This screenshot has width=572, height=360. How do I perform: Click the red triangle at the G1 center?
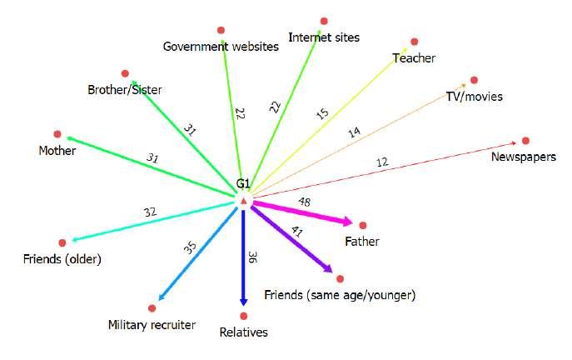pos(243,202)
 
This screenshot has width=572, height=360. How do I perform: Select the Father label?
pos(361,242)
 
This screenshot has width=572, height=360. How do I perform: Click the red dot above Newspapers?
pos(525,141)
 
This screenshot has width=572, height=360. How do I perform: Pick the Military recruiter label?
pos(152,324)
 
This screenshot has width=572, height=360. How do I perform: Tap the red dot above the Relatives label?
pos(243,316)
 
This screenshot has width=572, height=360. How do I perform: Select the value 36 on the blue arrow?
pos(251,257)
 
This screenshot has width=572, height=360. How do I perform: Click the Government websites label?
pos(220,47)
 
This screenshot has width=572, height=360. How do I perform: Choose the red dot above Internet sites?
pos(323,20)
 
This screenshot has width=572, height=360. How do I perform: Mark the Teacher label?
pos(414,57)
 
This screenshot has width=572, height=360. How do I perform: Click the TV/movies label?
pos(474,97)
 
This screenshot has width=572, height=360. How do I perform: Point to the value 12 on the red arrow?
pos(382,162)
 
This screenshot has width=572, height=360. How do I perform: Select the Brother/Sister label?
pos(125,89)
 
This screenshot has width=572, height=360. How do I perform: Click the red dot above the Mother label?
pos(57,134)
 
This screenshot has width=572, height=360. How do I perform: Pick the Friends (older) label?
pos(62,259)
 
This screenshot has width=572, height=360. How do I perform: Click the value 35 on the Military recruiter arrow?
pos(189,248)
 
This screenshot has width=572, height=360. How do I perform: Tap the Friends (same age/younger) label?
pos(339,296)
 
